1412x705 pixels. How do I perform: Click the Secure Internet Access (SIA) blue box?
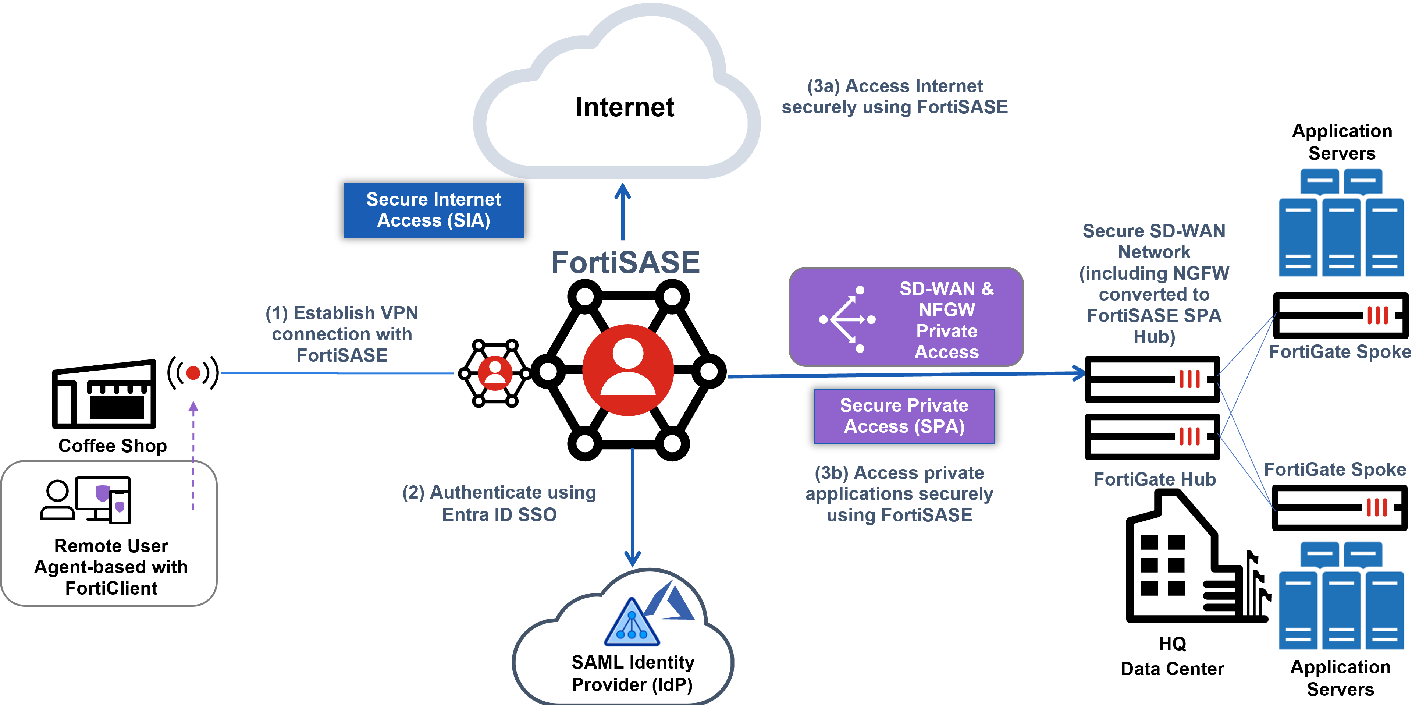434,210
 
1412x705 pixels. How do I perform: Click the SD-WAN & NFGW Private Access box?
906,317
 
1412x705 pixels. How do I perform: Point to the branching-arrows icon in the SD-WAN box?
847,319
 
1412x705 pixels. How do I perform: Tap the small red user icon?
495,373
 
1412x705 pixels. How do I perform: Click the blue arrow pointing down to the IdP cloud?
633,507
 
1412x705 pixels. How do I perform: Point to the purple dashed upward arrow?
193,455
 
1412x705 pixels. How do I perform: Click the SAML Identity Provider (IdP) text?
633,673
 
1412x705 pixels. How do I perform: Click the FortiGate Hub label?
1155,479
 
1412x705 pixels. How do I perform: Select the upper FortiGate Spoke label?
1339,351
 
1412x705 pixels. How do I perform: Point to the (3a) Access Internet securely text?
894,96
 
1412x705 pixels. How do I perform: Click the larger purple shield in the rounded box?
103,493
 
